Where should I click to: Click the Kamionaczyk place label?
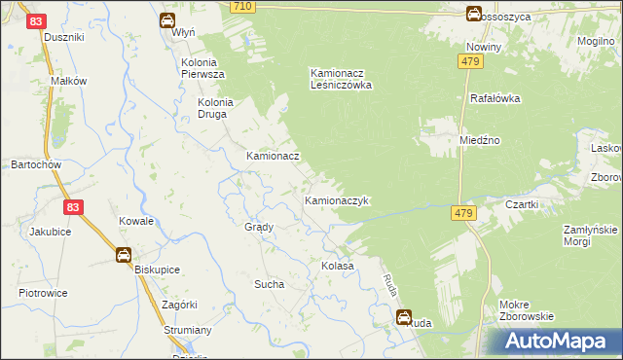click(x=337, y=200)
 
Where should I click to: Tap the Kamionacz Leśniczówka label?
click(x=342, y=78)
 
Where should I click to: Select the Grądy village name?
click(x=258, y=226)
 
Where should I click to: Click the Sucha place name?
click(x=268, y=284)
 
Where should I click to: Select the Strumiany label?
click(x=187, y=331)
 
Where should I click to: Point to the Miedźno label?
click(x=480, y=140)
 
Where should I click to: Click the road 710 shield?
click(x=243, y=7)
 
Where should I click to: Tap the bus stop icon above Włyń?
click(x=167, y=19)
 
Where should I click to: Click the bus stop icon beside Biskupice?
click(x=125, y=255)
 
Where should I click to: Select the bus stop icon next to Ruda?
click(x=404, y=315)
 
